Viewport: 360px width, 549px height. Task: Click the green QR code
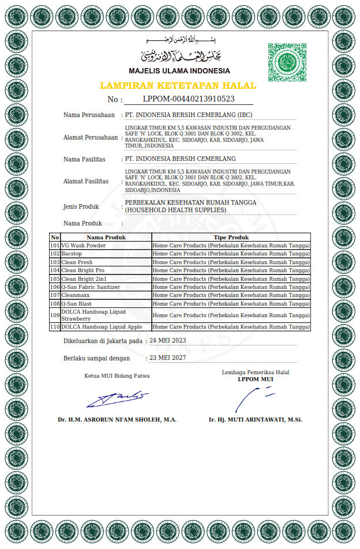[x=287, y=62]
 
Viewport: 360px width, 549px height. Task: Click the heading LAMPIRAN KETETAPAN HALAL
[x=178, y=85]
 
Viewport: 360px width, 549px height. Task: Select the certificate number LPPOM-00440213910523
[x=189, y=99]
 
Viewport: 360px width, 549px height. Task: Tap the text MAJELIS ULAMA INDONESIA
[x=179, y=71]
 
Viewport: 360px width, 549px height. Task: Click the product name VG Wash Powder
[x=84, y=246]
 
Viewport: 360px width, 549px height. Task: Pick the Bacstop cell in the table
[x=72, y=254]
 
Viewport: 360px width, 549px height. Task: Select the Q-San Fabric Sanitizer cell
[x=91, y=287]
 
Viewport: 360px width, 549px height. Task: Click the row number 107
[x=55, y=295]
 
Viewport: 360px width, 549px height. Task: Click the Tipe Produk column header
[x=231, y=237]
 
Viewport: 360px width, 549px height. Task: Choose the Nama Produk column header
[x=106, y=237]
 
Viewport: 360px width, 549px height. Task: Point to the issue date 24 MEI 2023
[x=168, y=340]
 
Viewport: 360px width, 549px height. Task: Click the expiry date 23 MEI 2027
[x=168, y=358]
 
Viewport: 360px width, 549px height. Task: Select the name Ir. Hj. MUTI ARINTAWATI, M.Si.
[x=256, y=419]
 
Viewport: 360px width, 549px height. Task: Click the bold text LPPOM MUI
[x=256, y=379]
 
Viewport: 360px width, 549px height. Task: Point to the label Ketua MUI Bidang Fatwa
[x=117, y=375]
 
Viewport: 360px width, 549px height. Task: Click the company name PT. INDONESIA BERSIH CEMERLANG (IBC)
[x=189, y=115]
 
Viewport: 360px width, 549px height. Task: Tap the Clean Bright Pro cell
[x=83, y=270]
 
